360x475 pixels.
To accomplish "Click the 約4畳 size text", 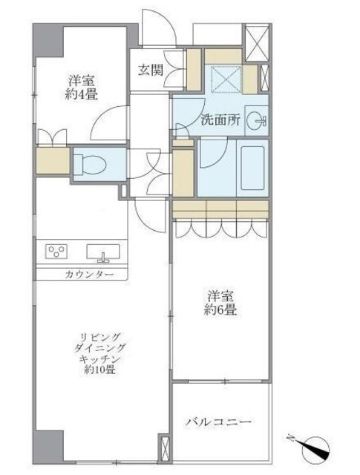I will tap(82, 95).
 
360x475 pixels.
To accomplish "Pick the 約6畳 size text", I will tap(221, 311).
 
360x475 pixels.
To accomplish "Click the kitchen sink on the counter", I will tap(102, 253).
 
